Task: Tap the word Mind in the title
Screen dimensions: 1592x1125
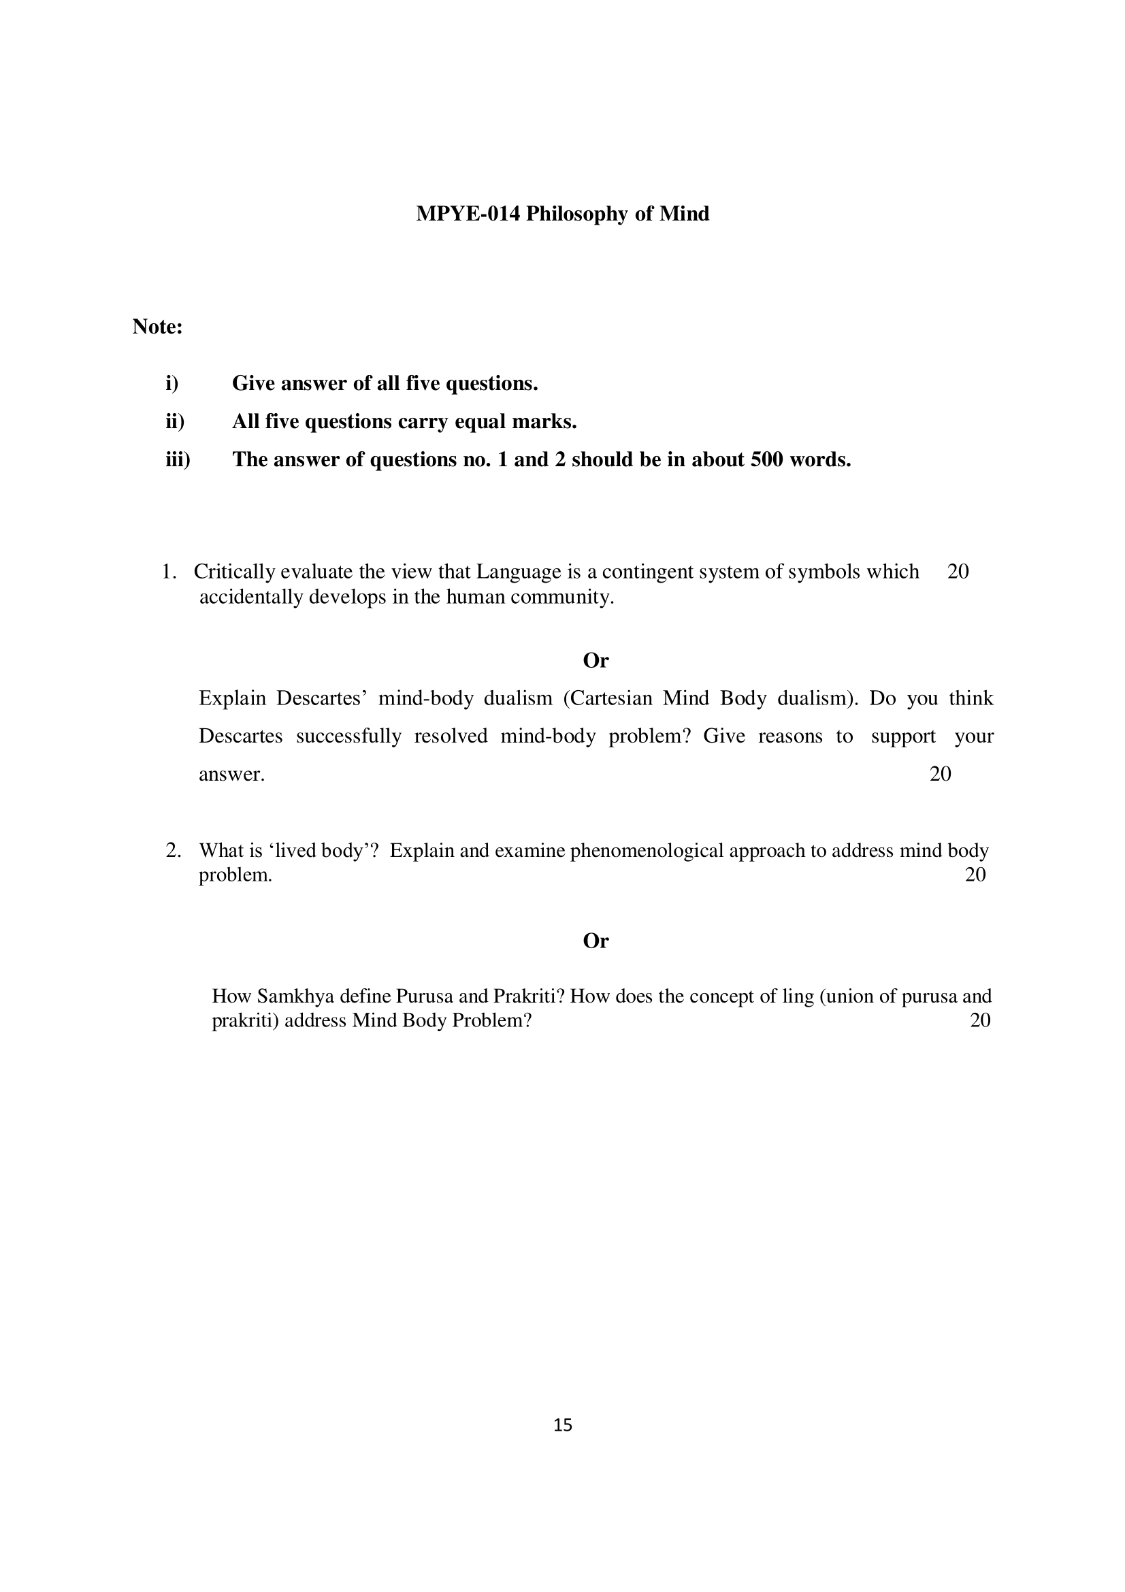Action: tap(684, 214)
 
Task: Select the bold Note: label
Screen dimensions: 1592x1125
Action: tap(157, 327)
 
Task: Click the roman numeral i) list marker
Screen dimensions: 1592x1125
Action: tap(172, 383)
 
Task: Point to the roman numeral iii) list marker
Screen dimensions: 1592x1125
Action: tap(178, 459)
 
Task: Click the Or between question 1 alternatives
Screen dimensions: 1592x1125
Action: tap(596, 660)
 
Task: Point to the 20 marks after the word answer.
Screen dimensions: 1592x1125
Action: tap(940, 774)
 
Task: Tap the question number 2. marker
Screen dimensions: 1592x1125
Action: tap(174, 850)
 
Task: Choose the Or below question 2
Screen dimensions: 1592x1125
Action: tap(596, 941)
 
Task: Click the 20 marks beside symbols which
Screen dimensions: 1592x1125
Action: tap(958, 571)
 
